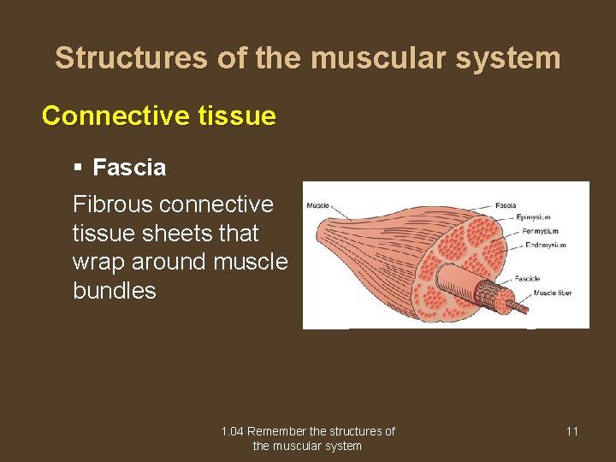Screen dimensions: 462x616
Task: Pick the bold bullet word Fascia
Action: [x=129, y=168]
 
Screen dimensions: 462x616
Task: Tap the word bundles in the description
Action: [x=115, y=291]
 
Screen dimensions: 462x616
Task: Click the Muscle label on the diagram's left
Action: [x=318, y=205]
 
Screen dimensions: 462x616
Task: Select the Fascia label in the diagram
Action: [x=506, y=205]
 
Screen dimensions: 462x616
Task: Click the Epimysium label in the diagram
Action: [x=534, y=217]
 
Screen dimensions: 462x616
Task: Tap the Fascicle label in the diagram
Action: [x=527, y=278]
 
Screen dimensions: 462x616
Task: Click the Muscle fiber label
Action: [x=552, y=293]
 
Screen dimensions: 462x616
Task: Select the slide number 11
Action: [x=572, y=431]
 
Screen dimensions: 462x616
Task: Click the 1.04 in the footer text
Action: [x=232, y=431]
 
